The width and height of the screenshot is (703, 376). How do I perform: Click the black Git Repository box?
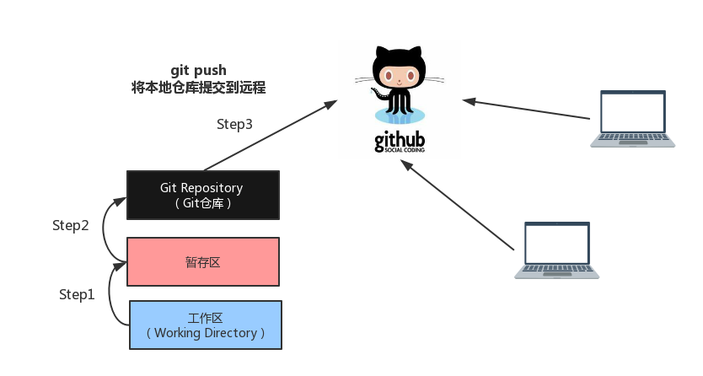click(x=203, y=195)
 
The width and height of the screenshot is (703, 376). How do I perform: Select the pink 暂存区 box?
click(x=203, y=261)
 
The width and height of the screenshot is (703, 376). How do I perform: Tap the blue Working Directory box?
click(x=206, y=325)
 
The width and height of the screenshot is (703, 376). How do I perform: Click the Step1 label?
click(x=77, y=294)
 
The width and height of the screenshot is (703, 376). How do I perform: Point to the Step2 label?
click(x=71, y=225)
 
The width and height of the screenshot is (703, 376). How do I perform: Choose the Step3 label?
click(x=234, y=124)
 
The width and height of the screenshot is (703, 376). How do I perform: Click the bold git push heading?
click(x=199, y=70)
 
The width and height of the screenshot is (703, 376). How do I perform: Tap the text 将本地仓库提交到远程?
click(x=199, y=87)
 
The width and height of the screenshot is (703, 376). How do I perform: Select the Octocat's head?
click(x=399, y=68)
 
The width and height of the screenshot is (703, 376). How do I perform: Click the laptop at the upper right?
click(x=632, y=119)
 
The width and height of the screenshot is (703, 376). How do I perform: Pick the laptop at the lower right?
click(x=557, y=250)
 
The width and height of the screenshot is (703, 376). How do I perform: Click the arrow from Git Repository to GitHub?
click(x=271, y=136)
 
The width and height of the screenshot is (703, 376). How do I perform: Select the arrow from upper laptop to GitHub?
click(x=526, y=109)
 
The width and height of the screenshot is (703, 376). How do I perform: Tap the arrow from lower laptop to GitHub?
click(x=457, y=205)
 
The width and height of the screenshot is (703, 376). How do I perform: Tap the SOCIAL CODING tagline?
click(x=405, y=150)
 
